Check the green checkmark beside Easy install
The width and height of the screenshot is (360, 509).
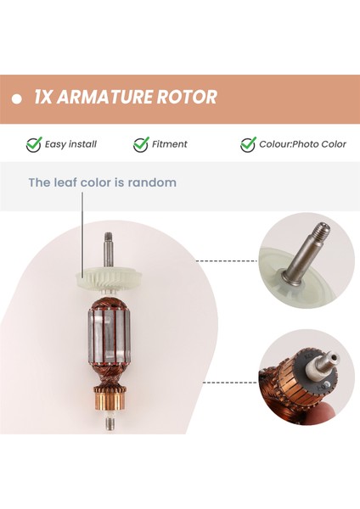[x=33, y=144]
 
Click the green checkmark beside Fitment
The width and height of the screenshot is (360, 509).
[x=141, y=144]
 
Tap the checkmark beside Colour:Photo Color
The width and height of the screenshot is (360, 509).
[x=248, y=144]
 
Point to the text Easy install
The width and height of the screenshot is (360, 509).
[x=71, y=144]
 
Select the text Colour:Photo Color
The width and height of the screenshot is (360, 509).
[x=304, y=144]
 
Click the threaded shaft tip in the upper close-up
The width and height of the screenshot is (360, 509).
[x=318, y=229]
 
